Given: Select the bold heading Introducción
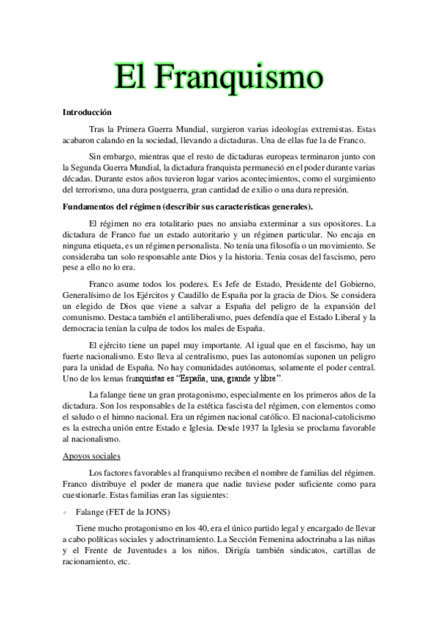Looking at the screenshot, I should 86,113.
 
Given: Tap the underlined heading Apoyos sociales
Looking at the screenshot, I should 90,456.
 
